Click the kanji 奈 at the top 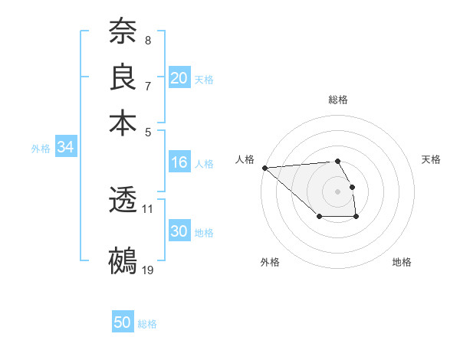(x=123, y=31)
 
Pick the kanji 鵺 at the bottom (x=123, y=260)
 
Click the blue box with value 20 (x=179, y=78)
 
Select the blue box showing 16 (x=179, y=162)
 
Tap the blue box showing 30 (x=179, y=231)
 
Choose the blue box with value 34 (x=65, y=148)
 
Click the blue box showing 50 (x=123, y=322)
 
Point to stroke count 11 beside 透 (x=148, y=208)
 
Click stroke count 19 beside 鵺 (x=148, y=269)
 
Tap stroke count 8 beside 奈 (x=148, y=41)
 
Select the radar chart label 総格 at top (x=338, y=100)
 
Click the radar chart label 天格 (x=432, y=159)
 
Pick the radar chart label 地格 (x=402, y=263)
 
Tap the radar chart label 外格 (x=270, y=263)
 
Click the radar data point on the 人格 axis (x=264, y=168)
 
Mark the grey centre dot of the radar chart (x=338, y=191)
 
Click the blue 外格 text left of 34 (x=40, y=149)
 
